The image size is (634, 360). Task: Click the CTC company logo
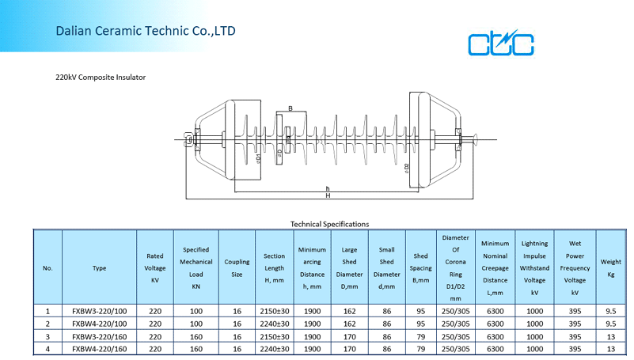click(x=500, y=43)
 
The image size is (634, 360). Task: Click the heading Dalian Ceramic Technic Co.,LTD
click(x=146, y=31)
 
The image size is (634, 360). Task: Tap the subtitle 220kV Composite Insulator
click(x=101, y=78)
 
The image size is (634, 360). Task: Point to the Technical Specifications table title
click(x=329, y=224)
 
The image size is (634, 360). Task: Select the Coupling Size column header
click(x=237, y=268)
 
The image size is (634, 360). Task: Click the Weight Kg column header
click(x=610, y=268)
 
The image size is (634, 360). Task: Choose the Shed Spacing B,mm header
click(x=420, y=268)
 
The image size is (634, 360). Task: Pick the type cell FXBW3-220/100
click(x=100, y=311)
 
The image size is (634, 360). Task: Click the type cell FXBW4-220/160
click(x=100, y=349)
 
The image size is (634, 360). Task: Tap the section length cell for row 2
click(x=275, y=324)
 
